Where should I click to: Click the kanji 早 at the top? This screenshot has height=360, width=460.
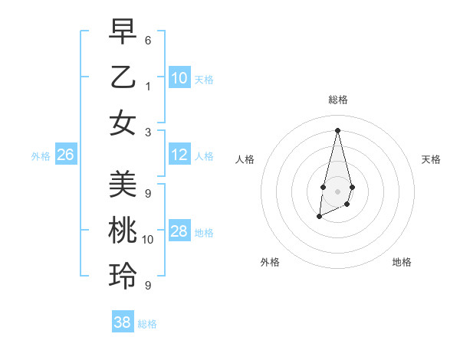click(x=123, y=31)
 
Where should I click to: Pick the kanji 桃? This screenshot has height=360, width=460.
click(x=123, y=230)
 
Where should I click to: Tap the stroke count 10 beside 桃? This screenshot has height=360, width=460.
click(x=148, y=240)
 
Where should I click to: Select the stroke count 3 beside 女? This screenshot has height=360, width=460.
click(x=147, y=132)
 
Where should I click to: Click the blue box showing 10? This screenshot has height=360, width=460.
click(x=179, y=78)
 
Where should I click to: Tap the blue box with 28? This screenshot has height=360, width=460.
click(x=179, y=232)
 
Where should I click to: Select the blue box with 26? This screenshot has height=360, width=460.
click(x=65, y=155)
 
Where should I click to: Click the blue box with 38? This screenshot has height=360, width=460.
click(x=123, y=322)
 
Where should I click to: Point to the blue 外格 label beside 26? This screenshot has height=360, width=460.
click(x=41, y=156)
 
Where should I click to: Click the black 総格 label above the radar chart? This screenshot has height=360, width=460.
click(x=337, y=100)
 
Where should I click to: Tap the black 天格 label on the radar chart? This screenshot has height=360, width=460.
click(x=432, y=159)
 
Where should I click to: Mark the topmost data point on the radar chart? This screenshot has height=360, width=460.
click(x=337, y=129)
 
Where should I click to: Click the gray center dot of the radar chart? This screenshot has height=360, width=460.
click(x=337, y=191)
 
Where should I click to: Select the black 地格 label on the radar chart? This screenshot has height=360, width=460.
click(x=402, y=262)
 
